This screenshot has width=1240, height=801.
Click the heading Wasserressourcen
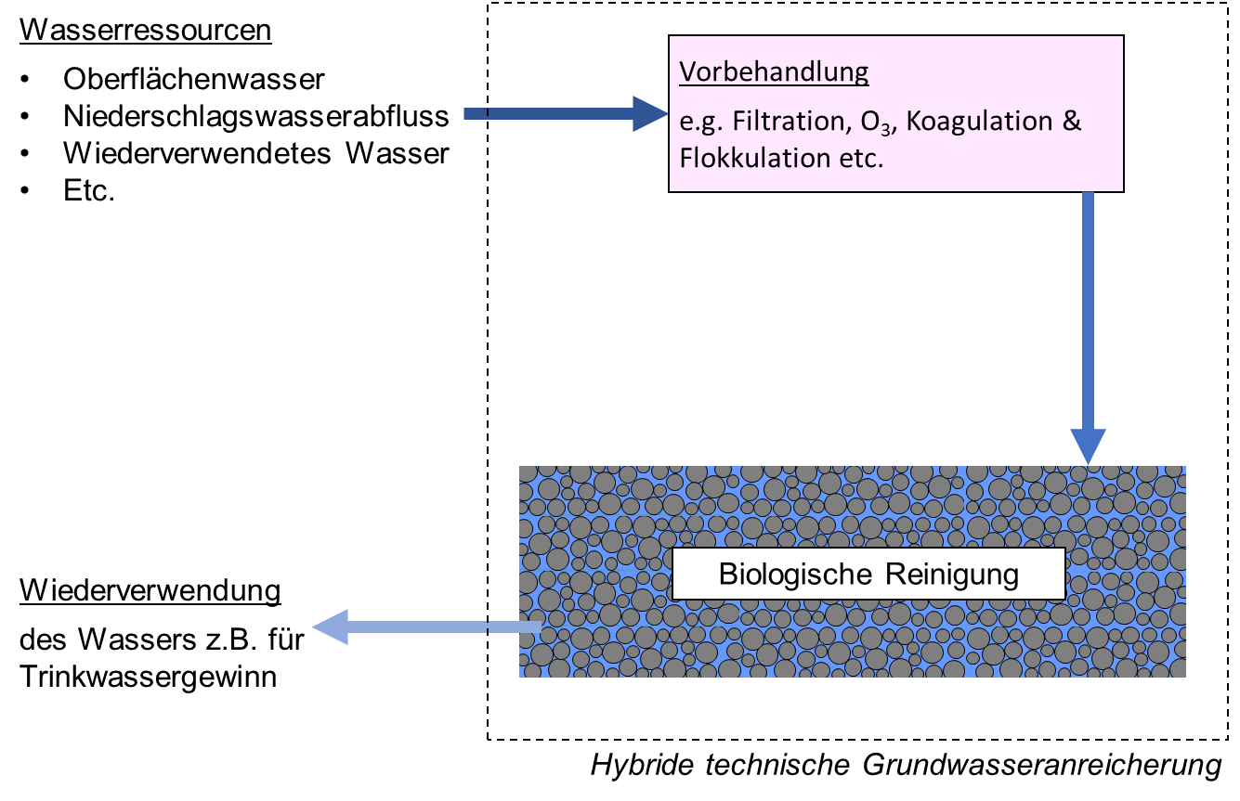[x=146, y=31]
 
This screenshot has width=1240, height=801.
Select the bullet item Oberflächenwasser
[x=194, y=79]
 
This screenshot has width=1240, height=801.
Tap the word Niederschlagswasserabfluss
[x=255, y=117]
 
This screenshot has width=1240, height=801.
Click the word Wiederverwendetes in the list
[x=197, y=153]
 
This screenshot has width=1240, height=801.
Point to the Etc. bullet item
[x=89, y=191]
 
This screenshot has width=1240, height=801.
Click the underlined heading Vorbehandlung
[x=774, y=72]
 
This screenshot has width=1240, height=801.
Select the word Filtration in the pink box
[x=792, y=122]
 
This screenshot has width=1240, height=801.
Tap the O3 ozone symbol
[x=876, y=123]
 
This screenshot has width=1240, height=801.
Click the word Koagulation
[x=979, y=122]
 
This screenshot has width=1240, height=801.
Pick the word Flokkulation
[x=755, y=158]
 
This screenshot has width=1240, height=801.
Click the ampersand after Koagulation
[x=1072, y=121]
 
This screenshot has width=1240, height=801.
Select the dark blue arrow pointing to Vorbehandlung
[x=566, y=114]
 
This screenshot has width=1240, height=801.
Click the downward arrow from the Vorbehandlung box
[x=1088, y=329]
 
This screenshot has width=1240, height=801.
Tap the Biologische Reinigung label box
[x=868, y=574]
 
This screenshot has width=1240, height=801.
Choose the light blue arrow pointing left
[x=427, y=627]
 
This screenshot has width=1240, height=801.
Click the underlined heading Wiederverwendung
[x=150, y=591]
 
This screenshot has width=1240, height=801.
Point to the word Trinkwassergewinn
[x=148, y=677]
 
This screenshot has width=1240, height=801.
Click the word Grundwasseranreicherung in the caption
[x=1042, y=766]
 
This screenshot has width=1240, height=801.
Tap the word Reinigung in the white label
[x=951, y=575]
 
